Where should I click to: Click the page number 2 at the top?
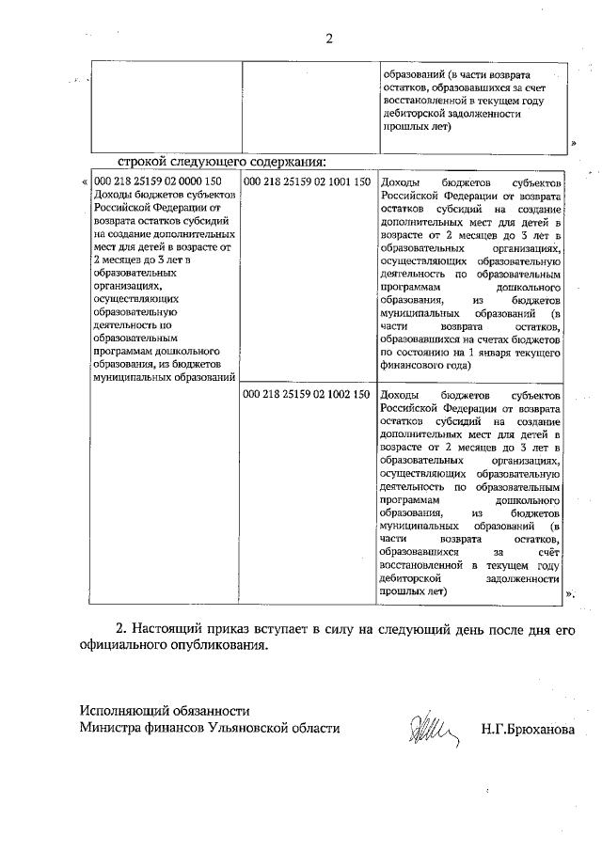click(x=329, y=39)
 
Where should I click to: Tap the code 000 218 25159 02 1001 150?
click(x=307, y=181)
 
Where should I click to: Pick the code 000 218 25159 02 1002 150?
click(x=307, y=394)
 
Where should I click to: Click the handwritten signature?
click(x=429, y=727)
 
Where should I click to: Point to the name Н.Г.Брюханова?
click(x=526, y=729)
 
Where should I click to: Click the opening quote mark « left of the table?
click(x=86, y=181)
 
